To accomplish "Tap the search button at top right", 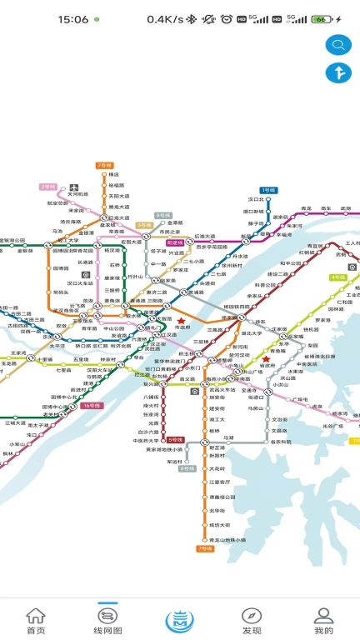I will pos(338,44).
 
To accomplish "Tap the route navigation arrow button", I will pos(338,72).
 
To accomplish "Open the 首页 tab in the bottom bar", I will pos(36,621).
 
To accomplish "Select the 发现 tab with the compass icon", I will pos(252,621).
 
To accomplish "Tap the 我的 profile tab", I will pos(323,621).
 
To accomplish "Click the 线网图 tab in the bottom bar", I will pos(108,621).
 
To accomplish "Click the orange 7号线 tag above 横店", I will pos(104,165).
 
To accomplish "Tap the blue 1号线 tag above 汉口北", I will pos(267,191).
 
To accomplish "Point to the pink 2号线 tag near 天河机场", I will pos(47,186).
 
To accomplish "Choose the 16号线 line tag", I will pos(92,405).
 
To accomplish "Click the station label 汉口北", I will pos(255,200).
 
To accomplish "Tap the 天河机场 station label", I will pos(77,194).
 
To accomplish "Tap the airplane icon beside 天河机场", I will pos(75,186).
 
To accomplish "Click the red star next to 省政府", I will pos(266,359).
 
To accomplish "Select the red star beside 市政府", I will pos(181,321).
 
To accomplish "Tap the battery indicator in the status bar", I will pos(322,18).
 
